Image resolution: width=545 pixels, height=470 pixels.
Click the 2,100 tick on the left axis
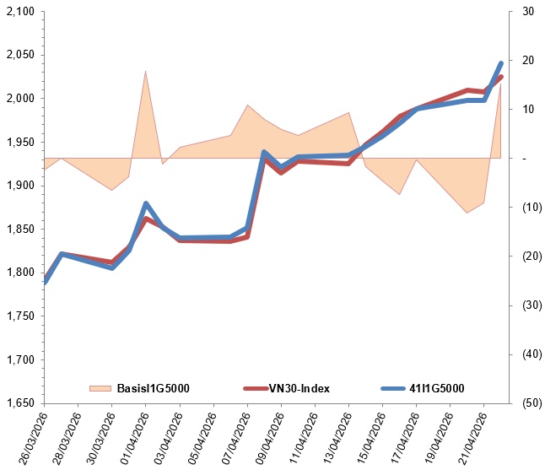click(x=20, y=12)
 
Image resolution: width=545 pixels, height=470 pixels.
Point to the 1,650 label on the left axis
click(x=20, y=402)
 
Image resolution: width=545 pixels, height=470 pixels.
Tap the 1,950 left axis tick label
click(x=20, y=142)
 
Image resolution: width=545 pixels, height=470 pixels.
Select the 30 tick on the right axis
click(x=528, y=12)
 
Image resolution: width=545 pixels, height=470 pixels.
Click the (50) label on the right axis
click(x=532, y=402)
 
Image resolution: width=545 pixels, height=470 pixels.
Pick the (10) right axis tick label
click(x=532, y=208)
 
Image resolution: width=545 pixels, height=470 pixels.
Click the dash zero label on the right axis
click(x=524, y=159)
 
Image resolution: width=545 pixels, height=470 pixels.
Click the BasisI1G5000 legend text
click(x=154, y=388)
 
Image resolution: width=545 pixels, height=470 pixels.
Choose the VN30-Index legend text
click(x=299, y=388)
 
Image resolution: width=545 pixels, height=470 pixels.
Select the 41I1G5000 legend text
click(x=436, y=388)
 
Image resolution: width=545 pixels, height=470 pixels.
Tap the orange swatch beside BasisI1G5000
click(x=100, y=388)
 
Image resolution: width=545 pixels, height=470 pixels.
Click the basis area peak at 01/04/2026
click(x=145, y=71)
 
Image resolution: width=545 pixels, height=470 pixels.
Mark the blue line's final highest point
click(x=501, y=63)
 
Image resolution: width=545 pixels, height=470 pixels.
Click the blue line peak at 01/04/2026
click(x=146, y=203)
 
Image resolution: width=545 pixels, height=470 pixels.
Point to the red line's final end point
click(x=501, y=77)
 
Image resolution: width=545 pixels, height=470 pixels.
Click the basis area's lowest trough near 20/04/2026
click(x=467, y=213)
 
